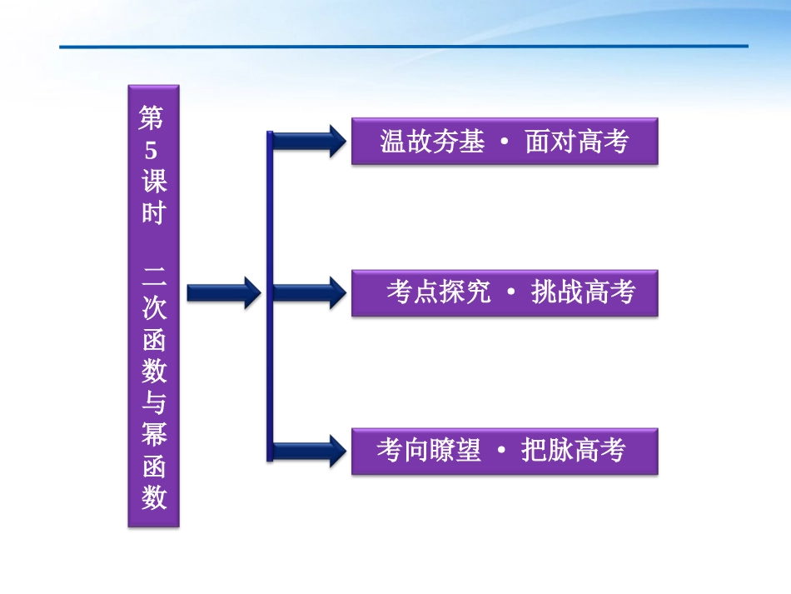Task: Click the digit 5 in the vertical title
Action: pos(152,150)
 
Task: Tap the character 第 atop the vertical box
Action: pos(152,119)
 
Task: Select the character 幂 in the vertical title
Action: pos(153,435)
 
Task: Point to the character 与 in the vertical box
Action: pos(153,403)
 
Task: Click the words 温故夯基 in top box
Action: pos(431,142)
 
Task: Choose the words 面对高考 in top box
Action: pos(576,142)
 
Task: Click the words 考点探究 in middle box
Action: pos(438,292)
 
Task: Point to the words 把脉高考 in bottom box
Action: pos(573,451)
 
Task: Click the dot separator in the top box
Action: pos(505,142)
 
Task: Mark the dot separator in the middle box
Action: pos(510,293)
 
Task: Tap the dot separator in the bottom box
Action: pos(500,452)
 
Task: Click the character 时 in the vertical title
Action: pos(152,213)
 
